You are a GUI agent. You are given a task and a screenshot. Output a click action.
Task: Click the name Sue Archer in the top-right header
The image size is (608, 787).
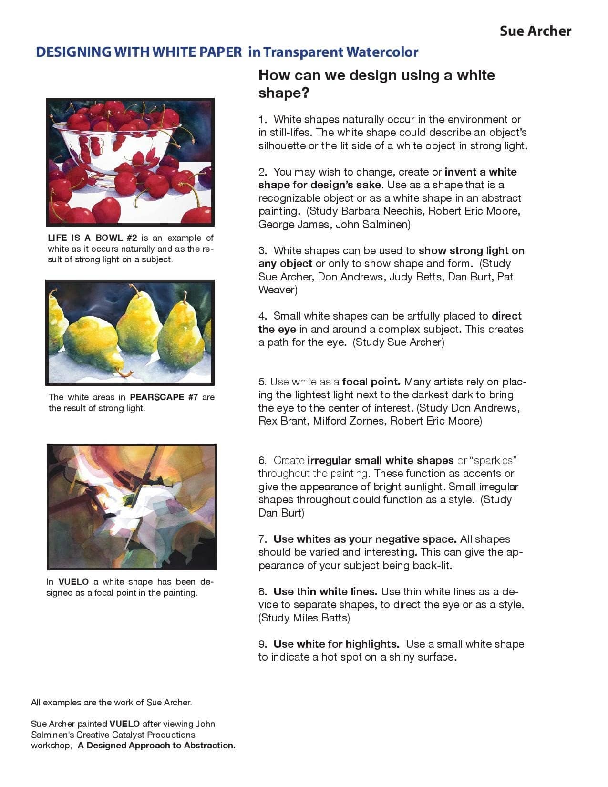[x=535, y=31]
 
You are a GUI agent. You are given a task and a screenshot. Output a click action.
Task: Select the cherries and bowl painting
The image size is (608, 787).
[x=130, y=162]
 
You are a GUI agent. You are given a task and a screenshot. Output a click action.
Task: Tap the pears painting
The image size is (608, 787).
[x=130, y=332]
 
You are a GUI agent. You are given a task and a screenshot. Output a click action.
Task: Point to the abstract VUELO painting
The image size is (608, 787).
[x=132, y=507]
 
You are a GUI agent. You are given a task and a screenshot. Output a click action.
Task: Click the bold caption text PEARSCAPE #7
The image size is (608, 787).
[x=164, y=397]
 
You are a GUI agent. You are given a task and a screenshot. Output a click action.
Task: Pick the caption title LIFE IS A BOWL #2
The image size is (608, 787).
[x=93, y=238]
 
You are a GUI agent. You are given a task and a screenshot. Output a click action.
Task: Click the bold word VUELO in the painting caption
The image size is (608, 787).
[x=73, y=582]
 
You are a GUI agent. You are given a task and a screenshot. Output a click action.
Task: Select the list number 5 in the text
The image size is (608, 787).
[x=262, y=382]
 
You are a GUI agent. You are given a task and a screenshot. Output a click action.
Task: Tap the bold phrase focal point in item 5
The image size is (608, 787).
[x=371, y=382]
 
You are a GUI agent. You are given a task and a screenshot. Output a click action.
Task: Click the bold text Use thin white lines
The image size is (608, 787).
[x=325, y=592]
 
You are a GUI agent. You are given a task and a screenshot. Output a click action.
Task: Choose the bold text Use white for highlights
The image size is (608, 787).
[x=336, y=644]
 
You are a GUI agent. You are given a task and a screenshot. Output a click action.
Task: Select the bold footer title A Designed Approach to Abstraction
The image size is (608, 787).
[x=156, y=746]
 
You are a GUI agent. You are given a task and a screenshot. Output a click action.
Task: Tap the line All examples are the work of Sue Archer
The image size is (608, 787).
[x=111, y=703]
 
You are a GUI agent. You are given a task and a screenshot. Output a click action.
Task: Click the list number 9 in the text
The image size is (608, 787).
[x=262, y=644]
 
